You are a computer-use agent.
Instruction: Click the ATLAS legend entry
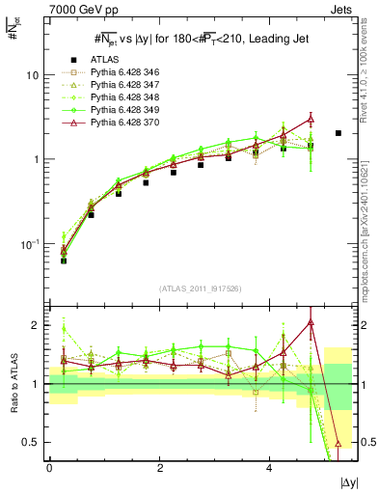[102, 60]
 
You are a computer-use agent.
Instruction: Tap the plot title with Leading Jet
[198, 40]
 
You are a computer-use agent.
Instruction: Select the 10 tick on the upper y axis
[34, 75]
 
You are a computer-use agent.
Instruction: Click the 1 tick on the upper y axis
[37, 159]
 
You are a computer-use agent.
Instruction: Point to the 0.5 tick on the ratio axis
[31, 442]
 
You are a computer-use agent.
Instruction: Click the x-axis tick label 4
[269, 467]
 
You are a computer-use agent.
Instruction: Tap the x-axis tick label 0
[49, 467]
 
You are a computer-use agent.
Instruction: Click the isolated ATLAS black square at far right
[338, 133]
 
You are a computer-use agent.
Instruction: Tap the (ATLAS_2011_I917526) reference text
[200, 288]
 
